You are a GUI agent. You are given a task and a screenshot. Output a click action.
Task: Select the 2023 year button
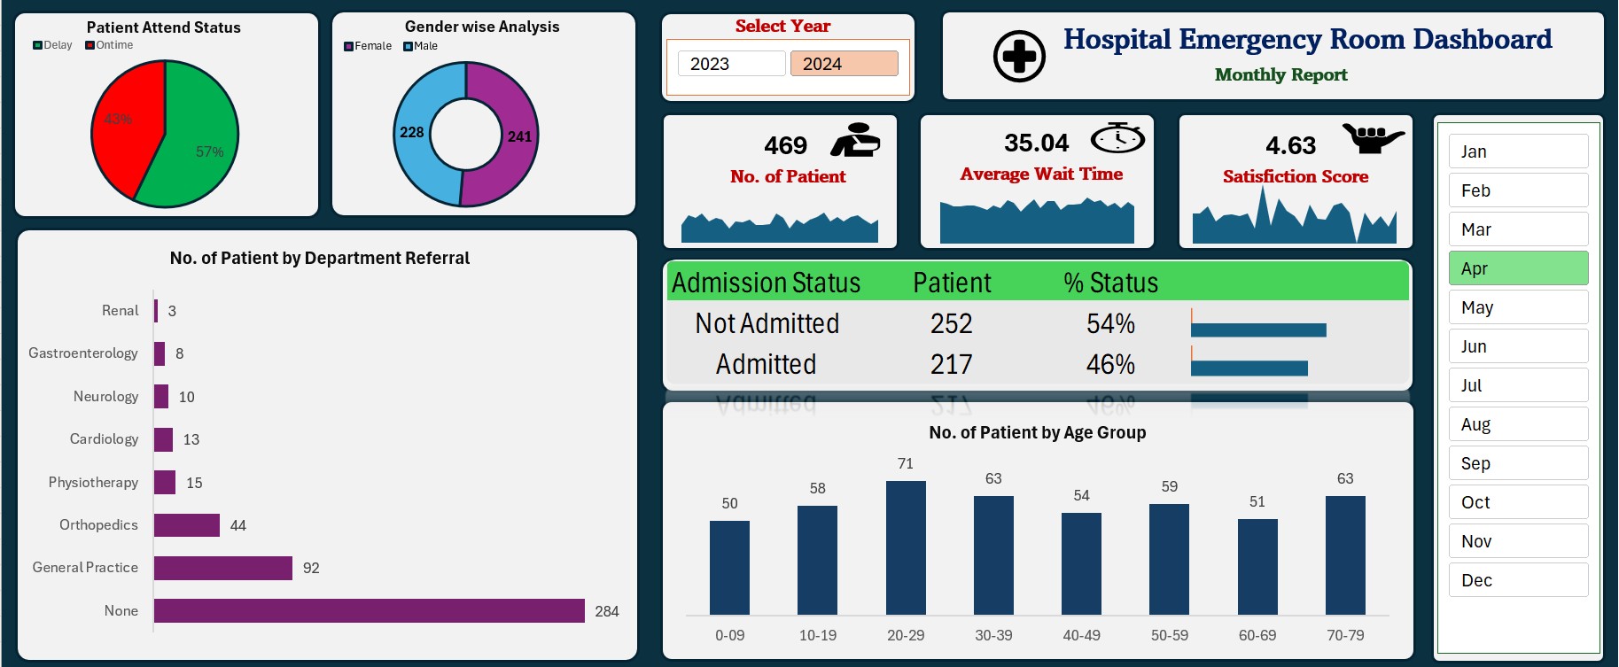731,64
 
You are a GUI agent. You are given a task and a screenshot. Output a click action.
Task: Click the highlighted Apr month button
1518,268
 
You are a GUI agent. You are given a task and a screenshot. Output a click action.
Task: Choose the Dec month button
1518,580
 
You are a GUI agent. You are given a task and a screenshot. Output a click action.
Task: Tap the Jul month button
1518,385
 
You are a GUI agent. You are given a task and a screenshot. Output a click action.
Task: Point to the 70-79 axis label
1345,635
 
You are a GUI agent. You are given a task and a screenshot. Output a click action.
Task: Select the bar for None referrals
369,610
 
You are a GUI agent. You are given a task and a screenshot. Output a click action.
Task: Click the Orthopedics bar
187,524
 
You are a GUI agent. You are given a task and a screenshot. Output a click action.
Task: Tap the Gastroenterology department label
83,353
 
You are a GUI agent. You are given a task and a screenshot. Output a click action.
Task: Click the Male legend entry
421,46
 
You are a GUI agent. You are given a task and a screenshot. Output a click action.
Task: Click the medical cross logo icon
1019,57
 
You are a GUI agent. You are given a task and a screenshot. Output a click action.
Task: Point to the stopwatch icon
1117,138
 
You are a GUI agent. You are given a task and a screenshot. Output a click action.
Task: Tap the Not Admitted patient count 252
951,323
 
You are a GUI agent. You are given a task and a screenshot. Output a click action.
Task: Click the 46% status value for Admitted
1110,364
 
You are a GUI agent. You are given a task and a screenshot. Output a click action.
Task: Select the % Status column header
1110,283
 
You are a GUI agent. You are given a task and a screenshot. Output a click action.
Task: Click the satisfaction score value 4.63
1290,145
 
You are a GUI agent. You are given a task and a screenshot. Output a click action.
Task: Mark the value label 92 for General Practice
311,568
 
